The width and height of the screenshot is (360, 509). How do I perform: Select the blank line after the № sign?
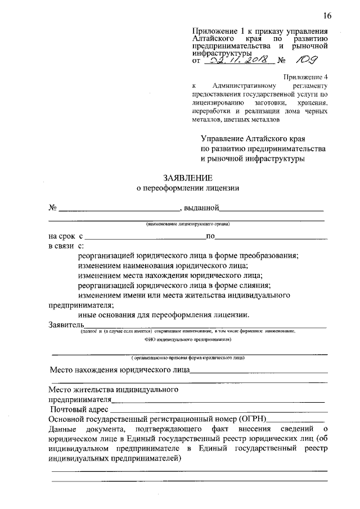pyautogui.click(x=119, y=210)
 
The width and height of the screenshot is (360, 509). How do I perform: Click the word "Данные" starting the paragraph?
pyautogui.click(x=64, y=429)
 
